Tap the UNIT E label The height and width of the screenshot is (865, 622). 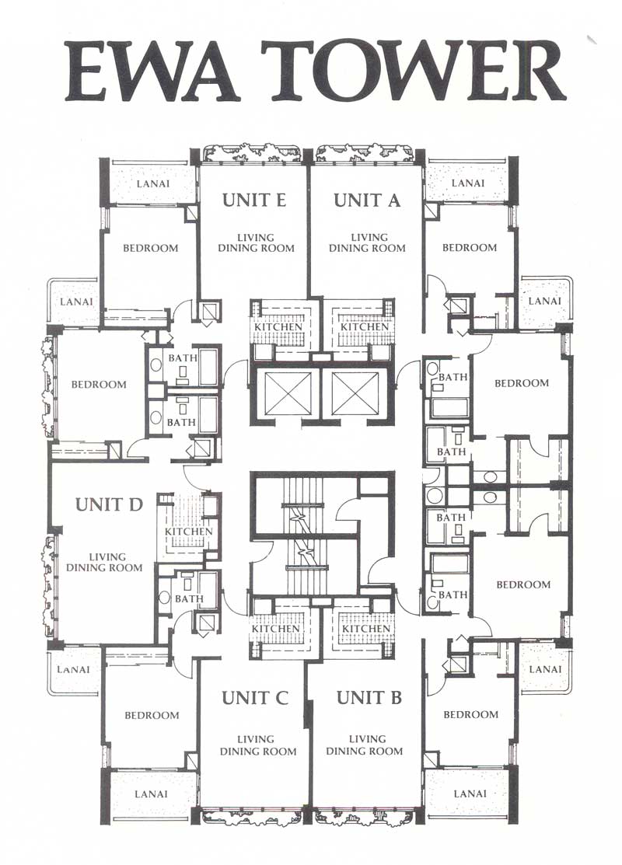(x=254, y=200)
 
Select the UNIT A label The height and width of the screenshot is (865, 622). (x=366, y=200)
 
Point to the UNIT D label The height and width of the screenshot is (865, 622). (x=109, y=504)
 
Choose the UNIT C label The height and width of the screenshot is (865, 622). (x=255, y=698)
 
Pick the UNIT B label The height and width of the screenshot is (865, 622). (x=369, y=698)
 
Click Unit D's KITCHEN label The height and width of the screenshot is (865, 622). (x=189, y=532)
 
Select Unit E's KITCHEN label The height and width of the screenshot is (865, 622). (x=278, y=326)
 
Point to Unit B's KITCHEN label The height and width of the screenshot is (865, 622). (x=366, y=628)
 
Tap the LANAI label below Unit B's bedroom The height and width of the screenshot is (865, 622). (x=470, y=793)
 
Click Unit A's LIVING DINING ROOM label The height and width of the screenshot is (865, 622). (x=367, y=242)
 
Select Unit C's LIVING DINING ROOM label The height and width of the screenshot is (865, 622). (x=257, y=745)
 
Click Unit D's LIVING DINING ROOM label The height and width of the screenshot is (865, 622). (x=104, y=562)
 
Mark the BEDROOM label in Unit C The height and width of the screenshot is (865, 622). (x=152, y=716)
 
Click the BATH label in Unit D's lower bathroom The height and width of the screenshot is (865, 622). (x=189, y=598)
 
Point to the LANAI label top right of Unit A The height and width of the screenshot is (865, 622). (x=467, y=183)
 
